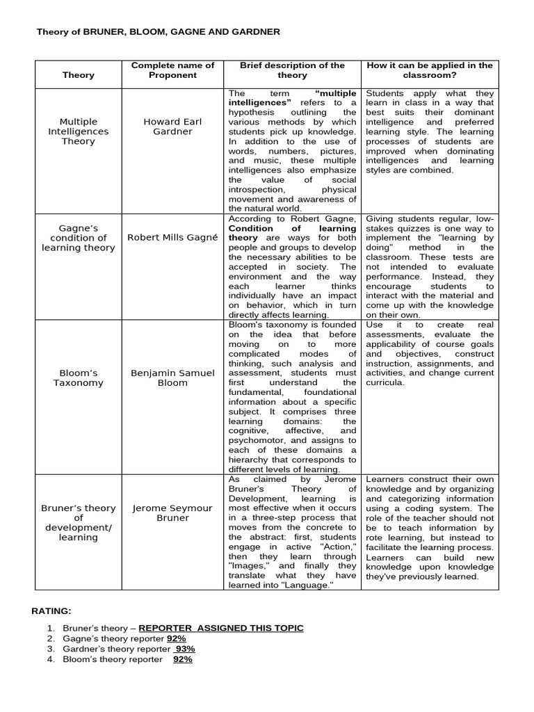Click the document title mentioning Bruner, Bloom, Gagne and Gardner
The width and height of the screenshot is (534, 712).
click(x=158, y=31)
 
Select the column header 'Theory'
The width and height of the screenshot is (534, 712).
click(x=78, y=75)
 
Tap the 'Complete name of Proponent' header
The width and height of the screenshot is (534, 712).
click(x=172, y=70)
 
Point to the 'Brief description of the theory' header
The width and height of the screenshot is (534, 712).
click(x=292, y=70)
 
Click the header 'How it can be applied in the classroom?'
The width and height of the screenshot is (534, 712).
click(x=430, y=70)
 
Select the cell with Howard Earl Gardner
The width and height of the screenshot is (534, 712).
click(x=172, y=127)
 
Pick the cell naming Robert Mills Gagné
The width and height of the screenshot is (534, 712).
click(x=172, y=237)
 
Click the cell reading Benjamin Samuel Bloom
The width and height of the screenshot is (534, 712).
click(x=172, y=378)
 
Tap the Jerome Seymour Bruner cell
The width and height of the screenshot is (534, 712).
click(x=172, y=513)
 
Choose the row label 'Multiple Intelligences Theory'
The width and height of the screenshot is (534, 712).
click(x=78, y=131)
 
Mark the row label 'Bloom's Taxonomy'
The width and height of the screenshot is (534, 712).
click(x=78, y=378)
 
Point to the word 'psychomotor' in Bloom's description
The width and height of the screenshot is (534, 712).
click(x=257, y=440)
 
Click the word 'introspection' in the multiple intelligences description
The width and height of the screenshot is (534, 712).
click(x=257, y=189)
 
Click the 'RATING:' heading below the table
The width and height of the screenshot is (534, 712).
click(x=51, y=610)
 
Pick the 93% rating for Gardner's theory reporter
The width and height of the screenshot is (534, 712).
click(x=185, y=649)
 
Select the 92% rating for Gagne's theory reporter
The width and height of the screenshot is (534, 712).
click(x=176, y=638)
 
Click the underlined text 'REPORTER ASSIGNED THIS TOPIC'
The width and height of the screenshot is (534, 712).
click(x=221, y=628)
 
